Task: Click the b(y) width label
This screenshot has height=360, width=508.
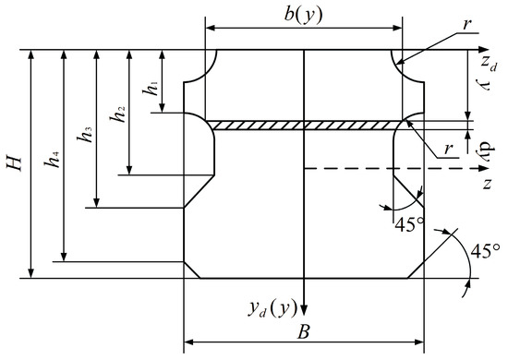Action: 304,15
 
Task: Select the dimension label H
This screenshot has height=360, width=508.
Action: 15,163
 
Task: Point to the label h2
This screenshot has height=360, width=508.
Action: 118,114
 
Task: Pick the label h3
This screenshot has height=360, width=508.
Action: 85,135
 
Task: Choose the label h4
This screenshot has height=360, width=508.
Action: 52,160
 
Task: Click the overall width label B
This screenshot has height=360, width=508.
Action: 303,332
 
